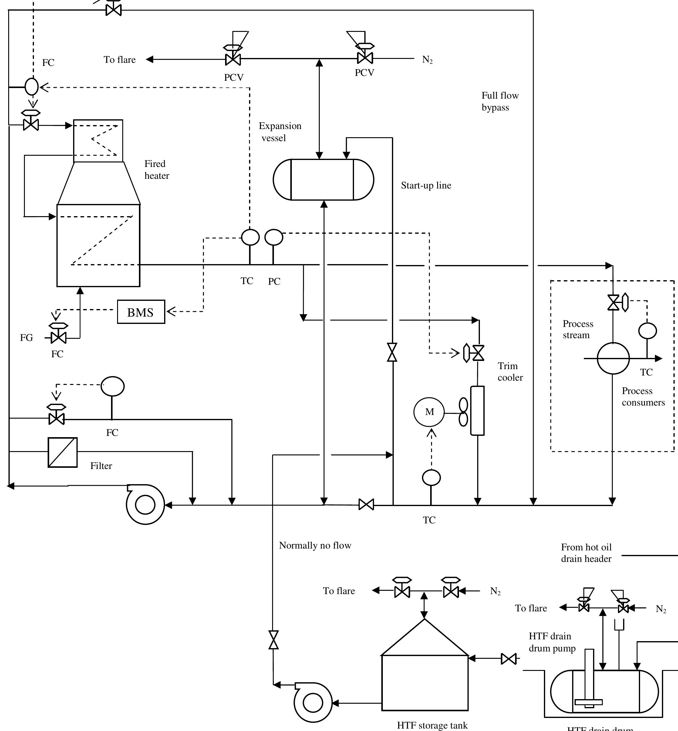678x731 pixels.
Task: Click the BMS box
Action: click(141, 312)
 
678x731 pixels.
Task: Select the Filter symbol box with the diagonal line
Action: click(63, 452)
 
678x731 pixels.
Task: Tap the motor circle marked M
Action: click(429, 412)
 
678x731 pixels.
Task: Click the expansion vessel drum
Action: click(323, 179)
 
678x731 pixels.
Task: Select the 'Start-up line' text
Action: click(426, 185)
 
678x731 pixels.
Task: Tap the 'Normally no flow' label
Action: click(315, 545)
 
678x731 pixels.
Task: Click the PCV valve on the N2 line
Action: click(365, 58)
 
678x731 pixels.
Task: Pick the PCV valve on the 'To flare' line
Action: click(233, 59)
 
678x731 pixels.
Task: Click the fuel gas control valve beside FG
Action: click(59, 337)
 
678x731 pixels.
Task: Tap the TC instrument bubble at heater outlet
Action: click(250, 237)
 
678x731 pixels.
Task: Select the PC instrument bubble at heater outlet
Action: click(274, 237)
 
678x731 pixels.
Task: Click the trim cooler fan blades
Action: click(463, 412)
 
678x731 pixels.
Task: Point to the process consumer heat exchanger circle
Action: click(613, 358)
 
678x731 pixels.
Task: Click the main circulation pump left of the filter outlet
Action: click(145, 505)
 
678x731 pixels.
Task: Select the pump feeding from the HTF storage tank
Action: click(313, 703)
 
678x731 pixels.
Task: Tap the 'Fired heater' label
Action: click(156, 170)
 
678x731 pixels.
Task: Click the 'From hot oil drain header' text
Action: click(586, 553)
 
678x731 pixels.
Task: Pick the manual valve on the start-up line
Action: click(392, 352)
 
